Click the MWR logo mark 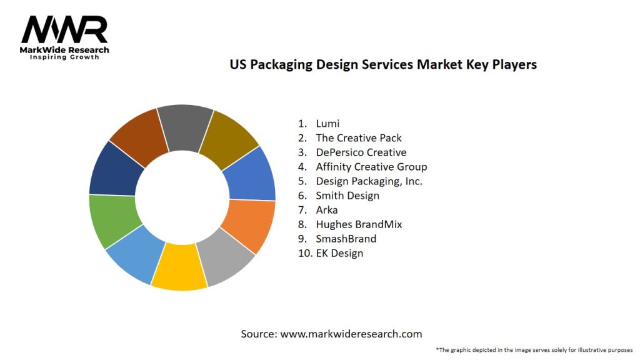[x=64, y=29]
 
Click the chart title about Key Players [x=383, y=64]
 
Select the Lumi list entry [x=327, y=123]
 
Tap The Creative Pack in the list [x=359, y=137]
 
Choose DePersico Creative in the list [x=361, y=152]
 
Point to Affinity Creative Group [x=371, y=166]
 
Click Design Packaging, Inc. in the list [x=369, y=181]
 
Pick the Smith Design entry [x=347, y=195]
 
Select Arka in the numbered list [x=327, y=209]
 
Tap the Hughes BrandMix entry [x=359, y=224]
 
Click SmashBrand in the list [x=346, y=238]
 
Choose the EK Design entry [x=339, y=252]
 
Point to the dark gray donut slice [x=185, y=126]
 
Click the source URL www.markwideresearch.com [x=351, y=334]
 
